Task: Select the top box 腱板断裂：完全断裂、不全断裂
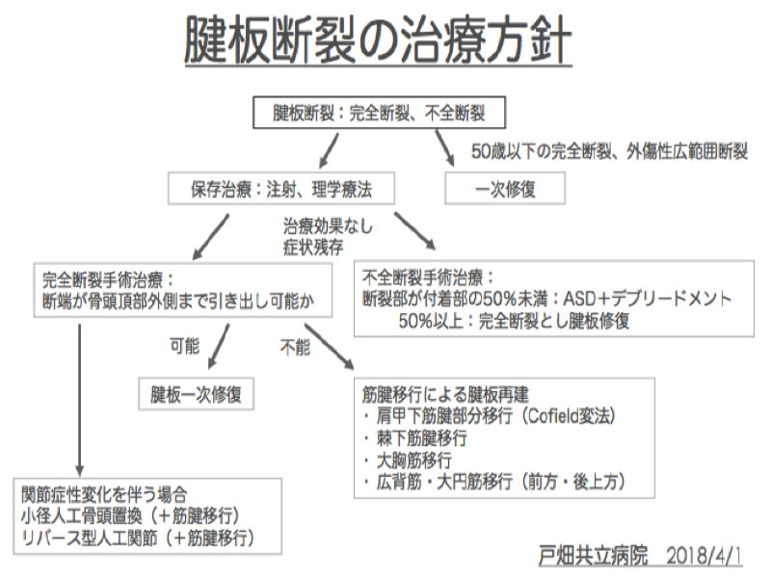[379, 113]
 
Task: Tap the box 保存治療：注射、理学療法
[281, 188]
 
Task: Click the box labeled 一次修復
[505, 188]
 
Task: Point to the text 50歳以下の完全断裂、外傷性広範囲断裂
[610, 151]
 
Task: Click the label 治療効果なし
[328, 226]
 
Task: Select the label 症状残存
[313, 247]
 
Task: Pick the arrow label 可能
[184, 346]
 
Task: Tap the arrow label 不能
[295, 347]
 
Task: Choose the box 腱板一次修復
[196, 394]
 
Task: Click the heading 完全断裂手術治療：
[108, 280]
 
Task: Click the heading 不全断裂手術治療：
[428, 277]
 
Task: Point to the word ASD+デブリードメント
[647, 299]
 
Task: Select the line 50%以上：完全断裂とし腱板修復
[514, 321]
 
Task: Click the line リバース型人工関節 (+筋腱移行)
[138, 538]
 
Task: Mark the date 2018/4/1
[705, 556]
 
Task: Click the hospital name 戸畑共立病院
[593, 556]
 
